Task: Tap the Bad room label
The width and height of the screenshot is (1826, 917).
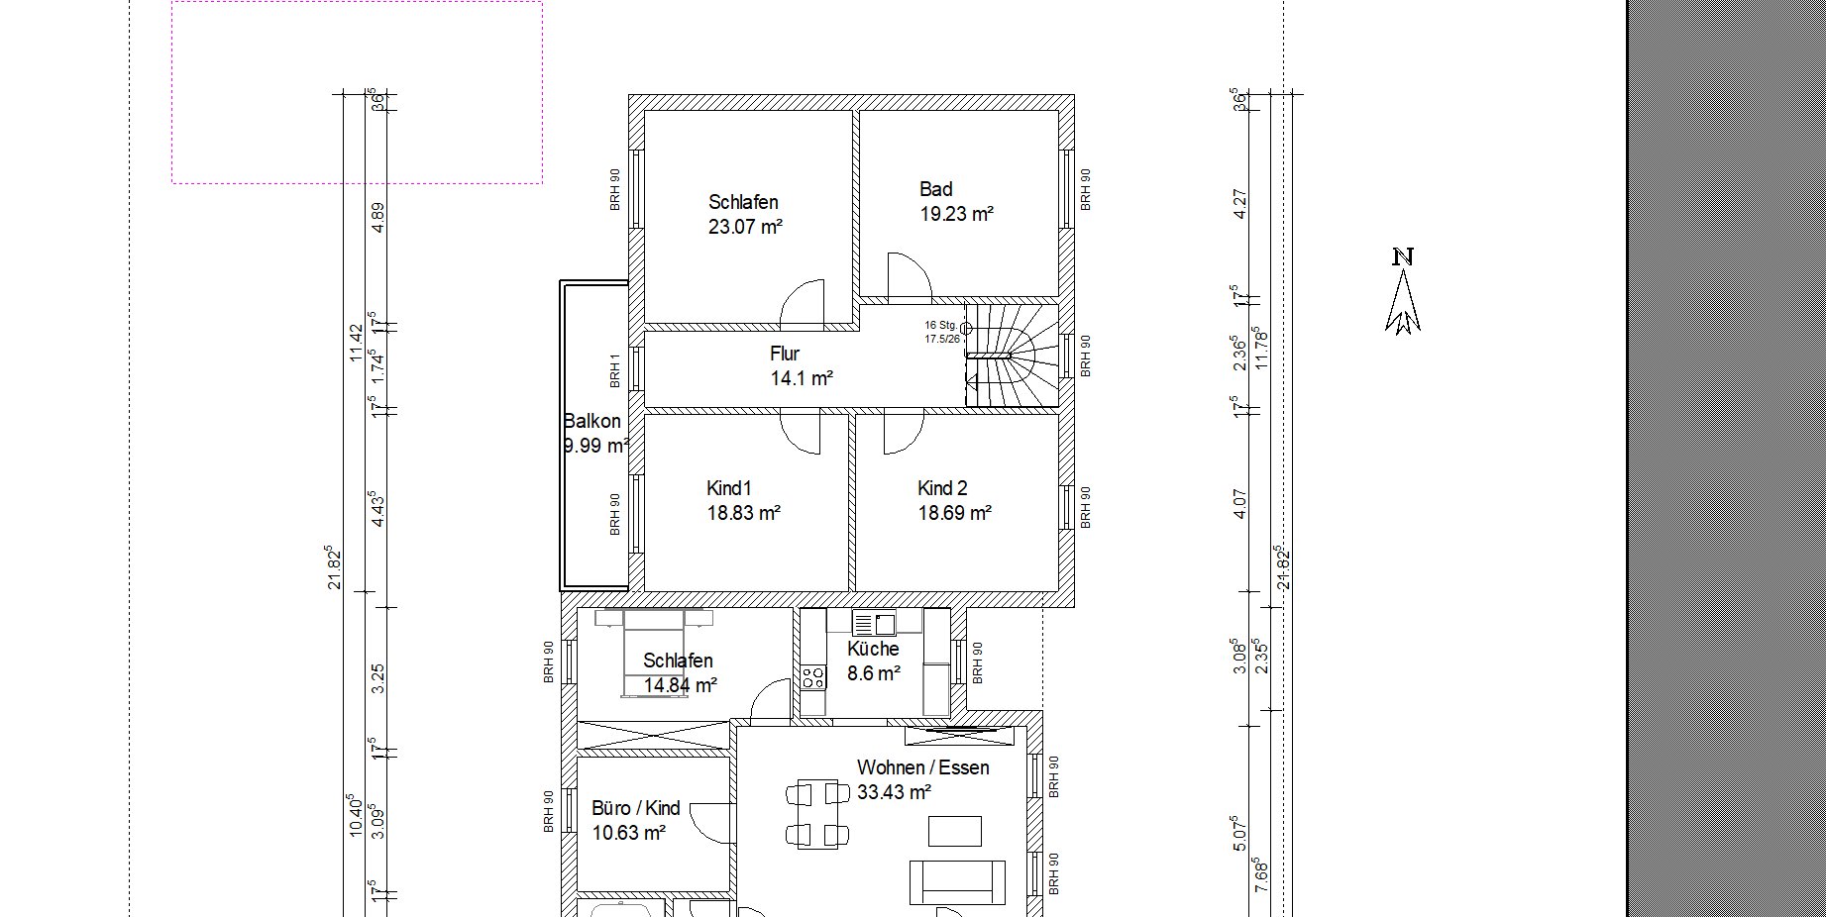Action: pyautogui.click(x=935, y=189)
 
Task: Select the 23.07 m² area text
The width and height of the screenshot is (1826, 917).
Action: pyautogui.click(x=745, y=227)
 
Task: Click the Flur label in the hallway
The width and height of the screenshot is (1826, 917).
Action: pyautogui.click(x=785, y=354)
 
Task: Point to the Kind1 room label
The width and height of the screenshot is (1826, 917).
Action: pyautogui.click(x=729, y=488)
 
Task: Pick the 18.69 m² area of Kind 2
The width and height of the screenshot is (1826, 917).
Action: pyautogui.click(x=955, y=513)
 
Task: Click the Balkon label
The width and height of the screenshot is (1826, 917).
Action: pyautogui.click(x=592, y=421)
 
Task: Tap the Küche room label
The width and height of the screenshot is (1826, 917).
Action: pyautogui.click(x=873, y=649)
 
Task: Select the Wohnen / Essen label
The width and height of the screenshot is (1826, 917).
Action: pyautogui.click(x=922, y=767)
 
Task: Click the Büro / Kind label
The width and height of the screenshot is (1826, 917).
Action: pyautogui.click(x=635, y=808)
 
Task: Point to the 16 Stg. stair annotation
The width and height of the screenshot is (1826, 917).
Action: pyautogui.click(x=940, y=325)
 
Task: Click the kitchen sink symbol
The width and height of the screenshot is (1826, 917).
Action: pyautogui.click(x=874, y=623)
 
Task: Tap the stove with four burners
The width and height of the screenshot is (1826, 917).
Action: pyautogui.click(x=813, y=677)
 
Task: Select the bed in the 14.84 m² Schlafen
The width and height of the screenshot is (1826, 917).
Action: pyautogui.click(x=654, y=654)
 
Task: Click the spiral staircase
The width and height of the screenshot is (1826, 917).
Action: pyautogui.click(x=1012, y=355)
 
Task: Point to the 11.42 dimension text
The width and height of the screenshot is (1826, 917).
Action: pyautogui.click(x=357, y=343)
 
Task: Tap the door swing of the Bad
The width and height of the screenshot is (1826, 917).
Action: pyautogui.click(x=909, y=276)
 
